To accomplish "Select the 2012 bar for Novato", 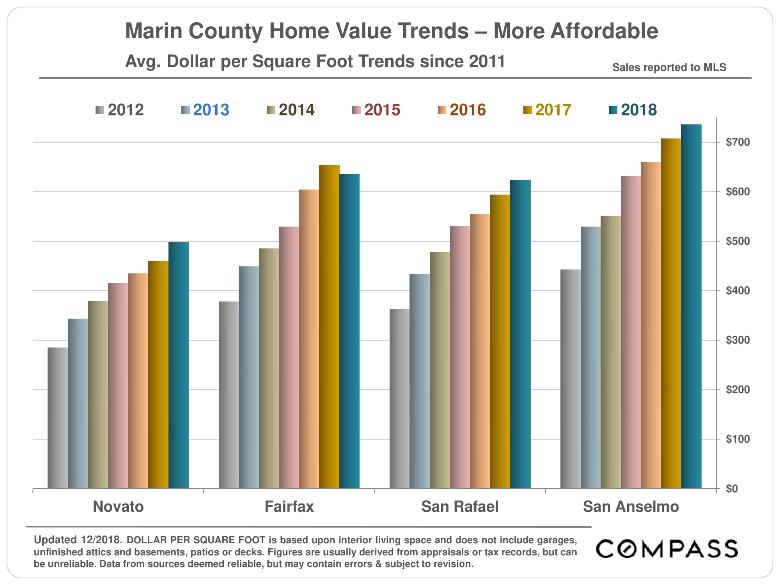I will pyautogui.click(x=58, y=418).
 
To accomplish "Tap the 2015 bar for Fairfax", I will pyautogui.click(x=289, y=357).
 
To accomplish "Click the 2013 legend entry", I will pyautogui.click(x=205, y=110).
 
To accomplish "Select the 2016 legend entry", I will pyautogui.click(x=462, y=110).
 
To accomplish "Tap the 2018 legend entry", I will pyautogui.click(x=633, y=110).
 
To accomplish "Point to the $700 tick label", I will pyautogui.click(x=737, y=142).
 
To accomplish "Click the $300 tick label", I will pyautogui.click(x=737, y=340).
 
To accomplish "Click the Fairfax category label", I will pyautogui.click(x=289, y=507).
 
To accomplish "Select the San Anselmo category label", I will pyautogui.click(x=631, y=507).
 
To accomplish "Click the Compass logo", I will pyautogui.click(x=667, y=549).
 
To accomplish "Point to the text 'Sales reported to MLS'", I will pyautogui.click(x=669, y=67).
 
